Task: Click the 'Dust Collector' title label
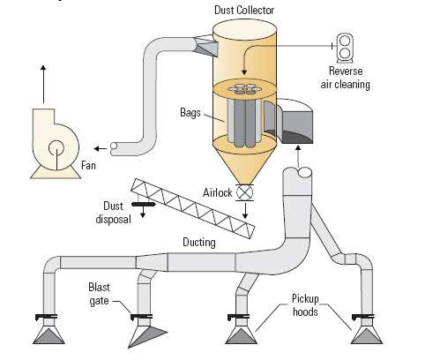point(244,10)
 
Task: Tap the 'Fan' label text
point(88,165)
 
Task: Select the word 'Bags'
point(190,113)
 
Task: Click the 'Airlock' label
point(218,192)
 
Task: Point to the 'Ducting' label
point(199,242)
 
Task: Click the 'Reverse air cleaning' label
point(346,78)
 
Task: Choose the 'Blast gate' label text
point(100,294)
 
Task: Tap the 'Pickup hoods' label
point(305,305)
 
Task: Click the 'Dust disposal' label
point(113,213)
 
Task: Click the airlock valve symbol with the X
point(245,193)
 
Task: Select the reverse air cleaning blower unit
point(345,48)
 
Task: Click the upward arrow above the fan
point(43,84)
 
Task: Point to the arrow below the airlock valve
point(245,211)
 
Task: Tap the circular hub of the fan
point(56,147)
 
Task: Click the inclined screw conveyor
point(193,208)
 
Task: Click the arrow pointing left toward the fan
point(101,148)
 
